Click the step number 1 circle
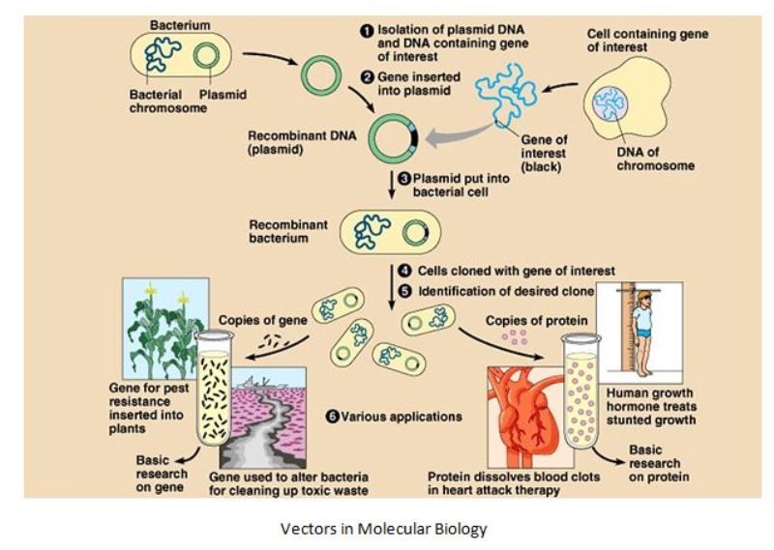(367, 30)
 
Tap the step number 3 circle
(404, 179)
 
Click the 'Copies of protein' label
(523, 320)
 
